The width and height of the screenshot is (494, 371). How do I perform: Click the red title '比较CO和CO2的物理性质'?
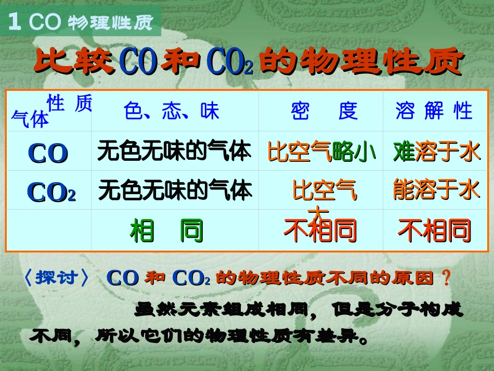pos(248,61)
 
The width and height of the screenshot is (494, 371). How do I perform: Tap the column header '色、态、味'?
pos(172,111)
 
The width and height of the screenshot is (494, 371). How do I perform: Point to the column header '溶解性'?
pos(434,111)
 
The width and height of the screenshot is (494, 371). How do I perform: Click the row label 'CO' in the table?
pos(48,152)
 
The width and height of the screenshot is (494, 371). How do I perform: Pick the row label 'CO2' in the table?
pos(51,191)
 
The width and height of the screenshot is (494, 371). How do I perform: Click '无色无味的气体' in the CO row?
pos(174,151)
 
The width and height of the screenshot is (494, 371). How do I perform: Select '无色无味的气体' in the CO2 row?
pos(175,190)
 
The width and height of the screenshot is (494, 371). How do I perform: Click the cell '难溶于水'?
pos(436,151)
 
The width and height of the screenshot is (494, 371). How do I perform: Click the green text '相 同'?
pos(166,231)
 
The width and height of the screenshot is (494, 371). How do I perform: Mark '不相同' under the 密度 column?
pos(320,231)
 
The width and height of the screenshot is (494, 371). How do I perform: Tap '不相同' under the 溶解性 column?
pos(434,231)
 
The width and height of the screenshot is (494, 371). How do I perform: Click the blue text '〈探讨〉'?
pos(57,278)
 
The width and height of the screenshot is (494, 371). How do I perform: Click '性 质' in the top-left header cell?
pos(69,104)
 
